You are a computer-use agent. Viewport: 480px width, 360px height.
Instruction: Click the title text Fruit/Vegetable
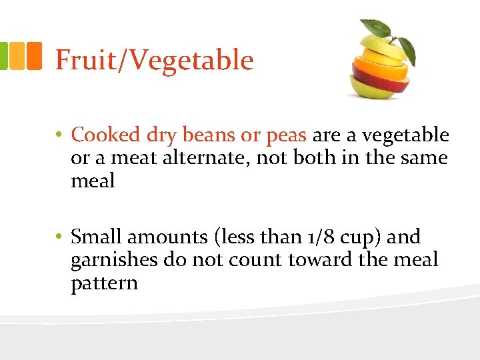[154, 61]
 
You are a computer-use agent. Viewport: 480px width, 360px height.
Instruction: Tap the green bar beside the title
[3, 56]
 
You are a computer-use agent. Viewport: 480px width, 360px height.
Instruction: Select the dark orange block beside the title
[34, 56]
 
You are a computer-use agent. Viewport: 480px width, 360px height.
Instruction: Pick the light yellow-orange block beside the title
[17, 56]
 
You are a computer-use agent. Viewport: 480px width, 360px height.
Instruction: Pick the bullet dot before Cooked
[59, 136]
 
